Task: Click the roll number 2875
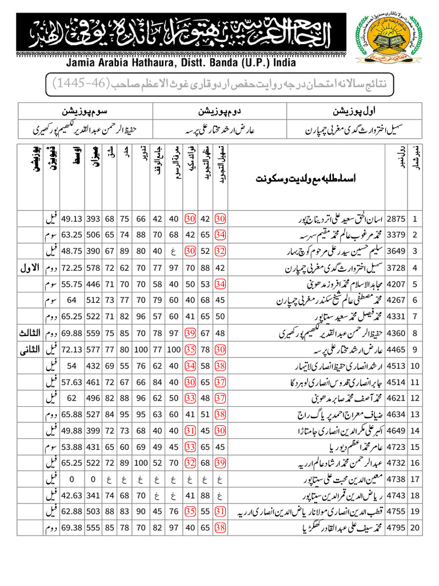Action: (x=396, y=219)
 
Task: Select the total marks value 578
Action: (x=94, y=267)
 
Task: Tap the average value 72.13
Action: (x=71, y=349)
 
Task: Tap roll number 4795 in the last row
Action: (x=396, y=528)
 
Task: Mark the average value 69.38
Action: (x=71, y=528)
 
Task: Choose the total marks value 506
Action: (x=94, y=235)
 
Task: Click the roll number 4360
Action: (x=396, y=332)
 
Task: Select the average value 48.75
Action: (x=71, y=251)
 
